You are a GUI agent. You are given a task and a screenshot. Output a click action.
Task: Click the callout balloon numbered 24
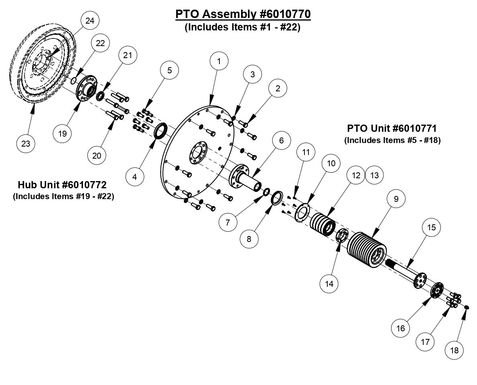pos(90,21)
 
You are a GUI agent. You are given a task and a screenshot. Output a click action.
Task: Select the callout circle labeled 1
pos(219,61)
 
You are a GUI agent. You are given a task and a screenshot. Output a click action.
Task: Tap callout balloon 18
pos(455,350)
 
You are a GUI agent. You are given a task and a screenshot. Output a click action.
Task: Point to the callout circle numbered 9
pos(396,199)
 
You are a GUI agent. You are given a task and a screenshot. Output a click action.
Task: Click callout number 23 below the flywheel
pos(26,143)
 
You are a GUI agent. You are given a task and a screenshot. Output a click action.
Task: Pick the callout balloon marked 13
pos(374,175)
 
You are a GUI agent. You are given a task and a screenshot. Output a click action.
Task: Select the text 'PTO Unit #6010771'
pos(391,129)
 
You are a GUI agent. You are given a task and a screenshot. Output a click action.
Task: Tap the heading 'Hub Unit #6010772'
pos(62,185)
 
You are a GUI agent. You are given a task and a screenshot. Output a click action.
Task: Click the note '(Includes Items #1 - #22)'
pos(243,28)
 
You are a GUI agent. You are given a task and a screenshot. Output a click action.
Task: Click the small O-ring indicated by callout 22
pos(73,81)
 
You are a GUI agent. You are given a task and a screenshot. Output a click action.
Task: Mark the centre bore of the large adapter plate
pos(197,153)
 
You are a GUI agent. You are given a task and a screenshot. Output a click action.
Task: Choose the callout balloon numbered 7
pos(228,222)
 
